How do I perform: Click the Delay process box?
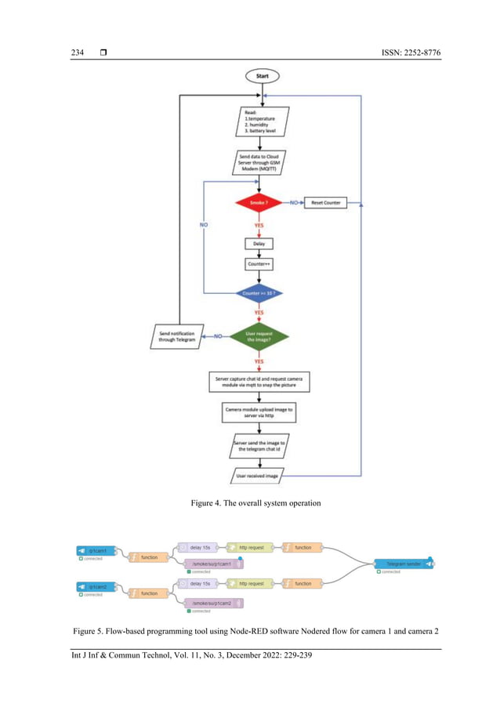click(x=259, y=244)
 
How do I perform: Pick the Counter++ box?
click(x=259, y=264)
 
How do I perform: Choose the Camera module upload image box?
click(x=259, y=412)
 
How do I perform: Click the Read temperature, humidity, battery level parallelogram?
click(x=262, y=122)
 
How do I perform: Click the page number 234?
click(x=78, y=53)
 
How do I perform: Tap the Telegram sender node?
click(x=404, y=564)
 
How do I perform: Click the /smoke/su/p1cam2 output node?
click(x=212, y=603)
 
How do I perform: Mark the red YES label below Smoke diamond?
click(x=259, y=225)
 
